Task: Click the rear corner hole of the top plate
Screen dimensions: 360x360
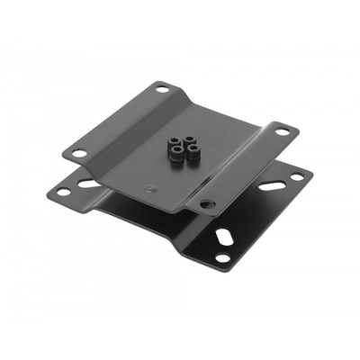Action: pyautogui.click(x=162, y=89)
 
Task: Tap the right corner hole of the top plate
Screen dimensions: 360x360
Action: pyautogui.click(x=283, y=131)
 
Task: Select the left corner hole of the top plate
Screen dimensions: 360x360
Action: pyautogui.click(x=79, y=153)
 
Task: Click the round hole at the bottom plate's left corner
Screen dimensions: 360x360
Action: pyautogui.click(x=62, y=192)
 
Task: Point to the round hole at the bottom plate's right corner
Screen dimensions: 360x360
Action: pyautogui.click(x=297, y=176)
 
